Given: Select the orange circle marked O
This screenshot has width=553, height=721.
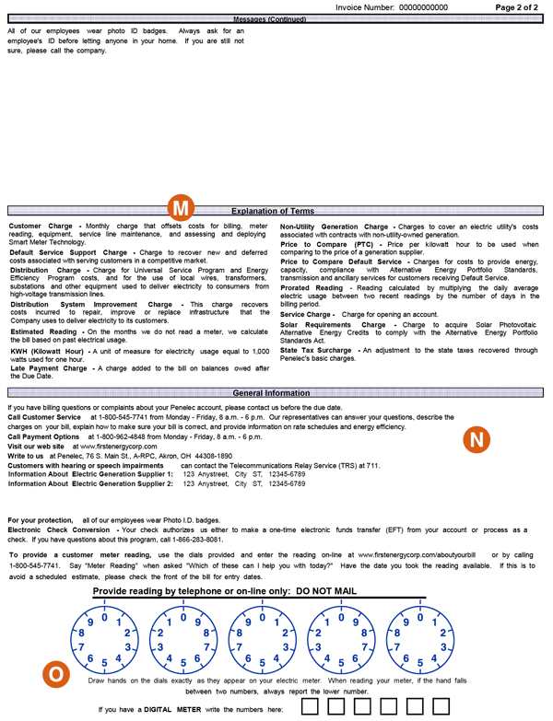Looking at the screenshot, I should [56, 674].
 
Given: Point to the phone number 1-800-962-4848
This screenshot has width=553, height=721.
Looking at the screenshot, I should [130, 436].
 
